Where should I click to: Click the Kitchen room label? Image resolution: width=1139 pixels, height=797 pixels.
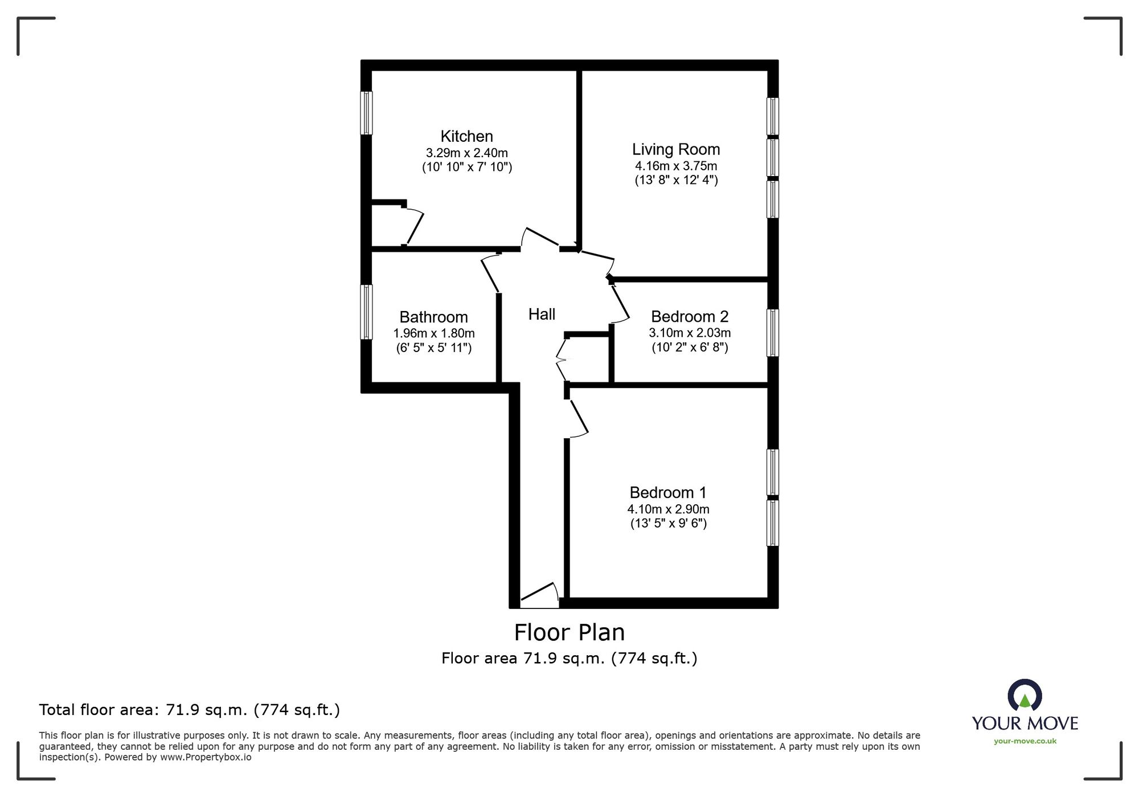[x=466, y=136]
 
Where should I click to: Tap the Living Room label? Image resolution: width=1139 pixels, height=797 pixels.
[x=676, y=150]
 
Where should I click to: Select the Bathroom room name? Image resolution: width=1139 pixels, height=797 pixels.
[x=433, y=317]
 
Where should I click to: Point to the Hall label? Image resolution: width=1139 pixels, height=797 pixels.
[x=542, y=314]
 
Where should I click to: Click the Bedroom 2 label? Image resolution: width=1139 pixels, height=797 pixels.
[x=690, y=316]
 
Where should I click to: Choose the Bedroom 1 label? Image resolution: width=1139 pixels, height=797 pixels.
[x=668, y=492]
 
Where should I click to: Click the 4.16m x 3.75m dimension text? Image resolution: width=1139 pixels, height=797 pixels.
[x=676, y=166]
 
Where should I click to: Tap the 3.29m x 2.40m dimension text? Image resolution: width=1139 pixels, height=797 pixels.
[x=467, y=153]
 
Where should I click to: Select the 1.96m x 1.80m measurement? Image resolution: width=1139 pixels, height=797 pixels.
[x=434, y=333]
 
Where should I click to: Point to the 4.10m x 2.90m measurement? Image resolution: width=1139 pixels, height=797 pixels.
[x=669, y=509]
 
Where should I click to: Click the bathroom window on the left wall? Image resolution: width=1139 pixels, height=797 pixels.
[x=367, y=312]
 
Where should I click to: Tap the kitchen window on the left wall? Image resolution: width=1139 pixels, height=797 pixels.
[x=367, y=113]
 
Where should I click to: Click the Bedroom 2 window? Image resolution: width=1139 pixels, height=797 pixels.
[x=772, y=333]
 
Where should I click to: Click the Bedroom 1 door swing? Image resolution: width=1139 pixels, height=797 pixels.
[x=579, y=419]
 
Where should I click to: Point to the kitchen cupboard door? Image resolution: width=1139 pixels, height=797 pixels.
[x=413, y=226]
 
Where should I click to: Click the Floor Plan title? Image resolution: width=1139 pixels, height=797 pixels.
[x=569, y=632]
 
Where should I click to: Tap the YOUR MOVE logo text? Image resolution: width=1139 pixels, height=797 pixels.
[x=1025, y=724]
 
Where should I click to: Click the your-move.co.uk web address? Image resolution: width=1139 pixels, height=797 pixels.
[x=1025, y=741]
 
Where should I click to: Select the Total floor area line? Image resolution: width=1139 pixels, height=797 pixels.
[x=190, y=710]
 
